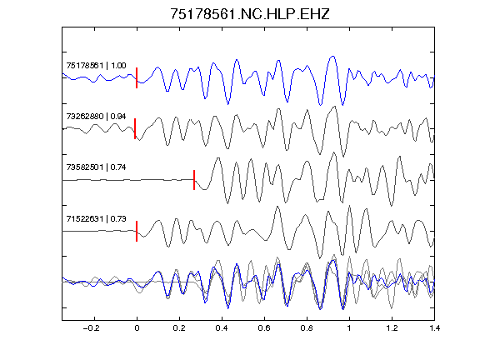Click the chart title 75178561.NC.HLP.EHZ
click(x=250, y=14)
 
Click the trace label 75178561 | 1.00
click(x=96, y=66)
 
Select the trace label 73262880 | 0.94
click(x=96, y=117)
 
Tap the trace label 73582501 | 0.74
click(x=96, y=167)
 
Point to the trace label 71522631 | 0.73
click(x=96, y=218)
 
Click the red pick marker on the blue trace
click(x=137, y=77)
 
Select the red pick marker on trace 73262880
click(x=135, y=129)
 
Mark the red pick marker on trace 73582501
click(x=194, y=180)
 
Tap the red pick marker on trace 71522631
click(x=137, y=231)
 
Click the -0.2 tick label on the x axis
click(x=91, y=328)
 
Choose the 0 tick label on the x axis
click(x=137, y=328)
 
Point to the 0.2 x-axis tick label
click(x=179, y=328)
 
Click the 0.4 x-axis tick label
click(x=222, y=328)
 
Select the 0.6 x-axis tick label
click(x=264, y=328)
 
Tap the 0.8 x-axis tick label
click(x=307, y=328)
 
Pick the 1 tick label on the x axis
click(x=349, y=328)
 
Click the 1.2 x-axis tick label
click(x=392, y=328)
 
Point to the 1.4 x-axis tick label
click(x=434, y=328)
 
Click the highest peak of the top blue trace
click(x=332, y=57)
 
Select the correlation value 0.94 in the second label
click(x=118, y=117)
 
